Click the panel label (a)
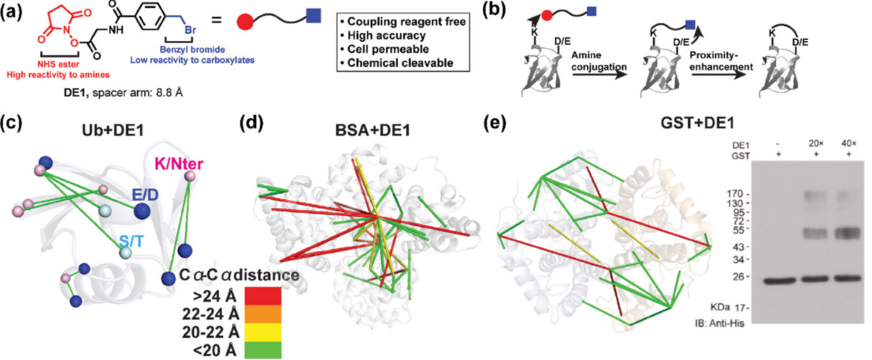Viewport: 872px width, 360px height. click(17, 15)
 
